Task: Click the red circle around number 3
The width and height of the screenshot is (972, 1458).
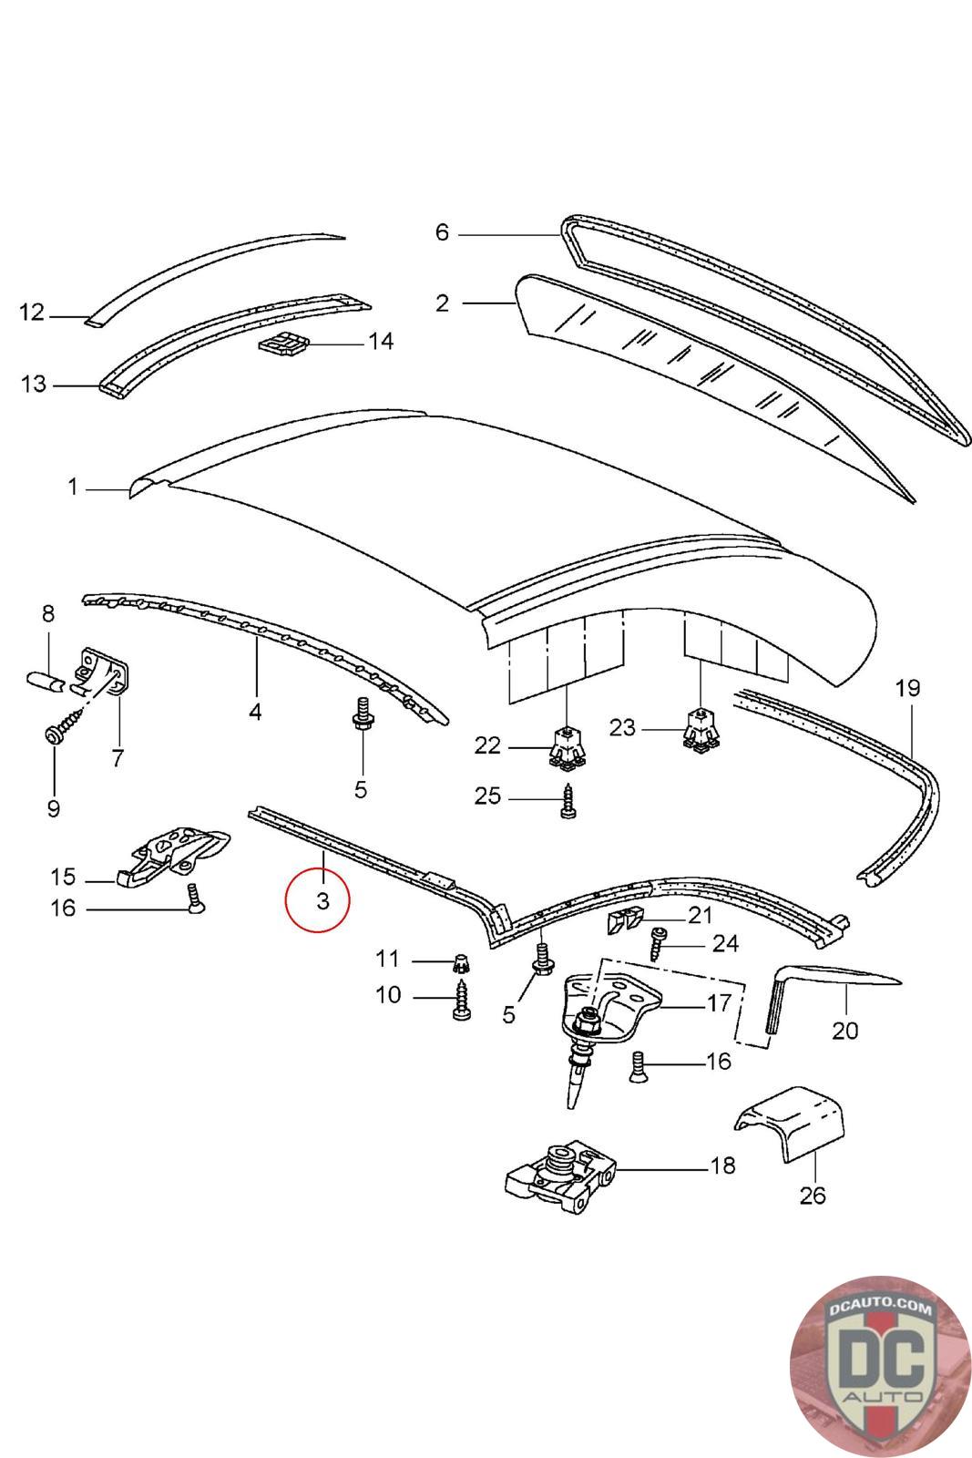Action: (x=316, y=901)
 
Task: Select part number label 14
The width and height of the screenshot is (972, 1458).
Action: (x=381, y=341)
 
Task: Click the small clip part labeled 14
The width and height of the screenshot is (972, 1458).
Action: (x=283, y=344)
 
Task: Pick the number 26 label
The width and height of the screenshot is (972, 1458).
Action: (x=812, y=1194)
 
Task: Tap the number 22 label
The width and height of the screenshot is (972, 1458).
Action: (x=487, y=745)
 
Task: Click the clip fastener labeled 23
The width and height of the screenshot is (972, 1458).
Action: (x=700, y=731)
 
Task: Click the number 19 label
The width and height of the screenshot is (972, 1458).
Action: (x=908, y=688)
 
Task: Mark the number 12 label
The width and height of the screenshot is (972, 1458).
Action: (x=32, y=313)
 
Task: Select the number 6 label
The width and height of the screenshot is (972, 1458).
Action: (x=442, y=232)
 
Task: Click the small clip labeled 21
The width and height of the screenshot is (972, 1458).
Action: (x=623, y=923)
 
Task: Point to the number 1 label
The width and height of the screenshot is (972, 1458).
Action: (x=73, y=488)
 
